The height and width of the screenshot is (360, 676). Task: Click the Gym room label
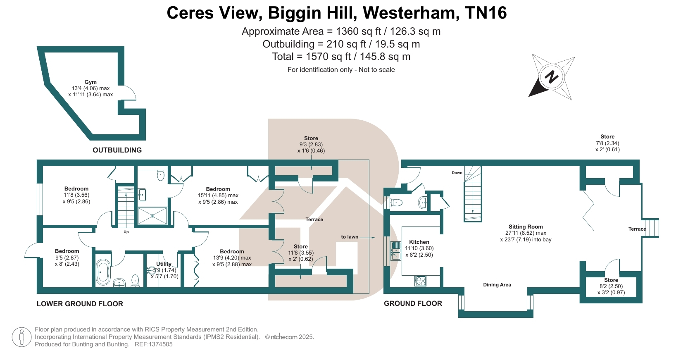(90, 82)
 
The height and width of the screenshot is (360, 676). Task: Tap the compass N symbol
(551, 77)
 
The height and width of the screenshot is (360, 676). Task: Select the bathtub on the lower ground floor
(103, 272)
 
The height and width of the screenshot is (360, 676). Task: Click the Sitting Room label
(526, 226)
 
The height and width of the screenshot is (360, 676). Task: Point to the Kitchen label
(419, 242)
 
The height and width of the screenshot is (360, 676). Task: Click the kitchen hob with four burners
(420, 281)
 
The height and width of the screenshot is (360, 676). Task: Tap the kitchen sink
(395, 251)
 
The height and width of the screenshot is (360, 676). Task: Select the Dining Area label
(497, 285)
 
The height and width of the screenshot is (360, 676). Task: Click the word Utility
(164, 264)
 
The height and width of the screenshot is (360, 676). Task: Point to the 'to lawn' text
(350, 237)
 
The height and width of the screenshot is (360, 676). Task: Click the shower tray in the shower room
(152, 215)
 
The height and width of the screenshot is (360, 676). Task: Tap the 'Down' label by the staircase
(457, 173)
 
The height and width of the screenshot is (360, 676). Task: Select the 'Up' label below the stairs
(126, 232)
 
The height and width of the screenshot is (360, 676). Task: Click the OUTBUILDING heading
(117, 150)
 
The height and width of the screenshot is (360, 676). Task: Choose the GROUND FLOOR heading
(413, 303)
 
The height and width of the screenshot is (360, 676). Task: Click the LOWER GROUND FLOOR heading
(80, 304)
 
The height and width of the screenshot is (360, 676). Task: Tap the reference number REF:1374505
(154, 344)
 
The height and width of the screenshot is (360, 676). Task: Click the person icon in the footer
(21, 337)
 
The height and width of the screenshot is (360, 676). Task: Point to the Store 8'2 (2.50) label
(611, 286)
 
